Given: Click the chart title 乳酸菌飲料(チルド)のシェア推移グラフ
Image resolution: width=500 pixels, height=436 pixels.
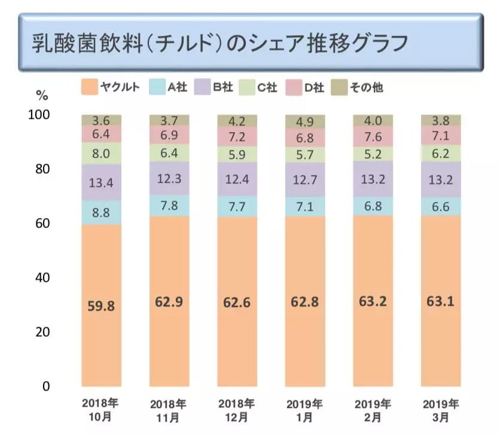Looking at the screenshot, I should click(x=221, y=43).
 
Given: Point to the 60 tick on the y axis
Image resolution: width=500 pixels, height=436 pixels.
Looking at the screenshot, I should click(x=42, y=223).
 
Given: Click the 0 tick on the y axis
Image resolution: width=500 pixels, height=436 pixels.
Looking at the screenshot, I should click(x=46, y=386).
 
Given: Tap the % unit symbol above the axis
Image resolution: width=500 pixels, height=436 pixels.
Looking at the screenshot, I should click(x=41, y=95).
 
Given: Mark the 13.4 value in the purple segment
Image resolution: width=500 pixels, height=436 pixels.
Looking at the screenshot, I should click(x=101, y=182).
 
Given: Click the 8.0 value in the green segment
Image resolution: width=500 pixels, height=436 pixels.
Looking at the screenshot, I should click(x=101, y=153).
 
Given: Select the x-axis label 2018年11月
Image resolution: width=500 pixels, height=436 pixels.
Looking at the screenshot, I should click(x=169, y=410).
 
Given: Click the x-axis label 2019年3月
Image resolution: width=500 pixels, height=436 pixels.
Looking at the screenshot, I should click(x=440, y=410).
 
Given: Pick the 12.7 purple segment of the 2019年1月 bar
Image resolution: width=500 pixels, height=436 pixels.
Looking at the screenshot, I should click(x=305, y=180).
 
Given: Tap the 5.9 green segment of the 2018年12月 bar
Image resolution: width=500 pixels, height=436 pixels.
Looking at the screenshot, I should click(x=237, y=154).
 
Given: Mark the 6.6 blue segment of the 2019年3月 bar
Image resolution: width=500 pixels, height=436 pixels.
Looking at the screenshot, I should click(x=440, y=206).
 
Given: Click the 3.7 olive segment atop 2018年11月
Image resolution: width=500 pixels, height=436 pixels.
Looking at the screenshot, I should click(x=169, y=120).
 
